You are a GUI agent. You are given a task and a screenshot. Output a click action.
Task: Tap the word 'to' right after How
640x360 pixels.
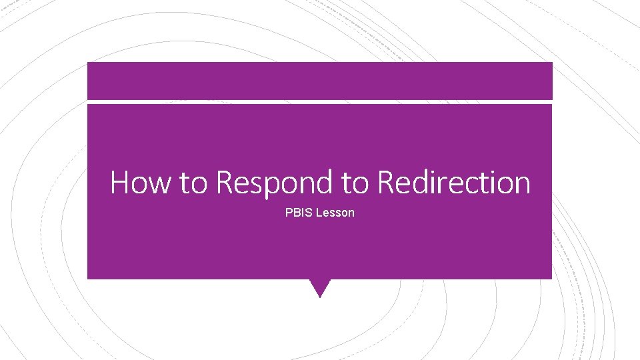pos(193,183)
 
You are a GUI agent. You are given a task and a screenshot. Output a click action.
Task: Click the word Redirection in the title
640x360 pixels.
pos(454,182)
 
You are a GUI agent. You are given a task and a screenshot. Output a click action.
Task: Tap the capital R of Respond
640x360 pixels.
pos(225,182)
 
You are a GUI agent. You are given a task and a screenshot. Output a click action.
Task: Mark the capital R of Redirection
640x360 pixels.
pos(385,182)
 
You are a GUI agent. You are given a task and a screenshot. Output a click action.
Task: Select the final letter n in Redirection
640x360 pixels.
pos(522,184)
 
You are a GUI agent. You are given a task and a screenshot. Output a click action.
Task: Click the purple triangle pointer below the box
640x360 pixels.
pos(320,287)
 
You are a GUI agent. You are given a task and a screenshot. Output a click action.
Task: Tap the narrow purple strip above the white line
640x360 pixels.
pos(320,81)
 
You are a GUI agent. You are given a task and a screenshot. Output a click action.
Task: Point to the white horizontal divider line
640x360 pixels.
pos(320,102)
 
